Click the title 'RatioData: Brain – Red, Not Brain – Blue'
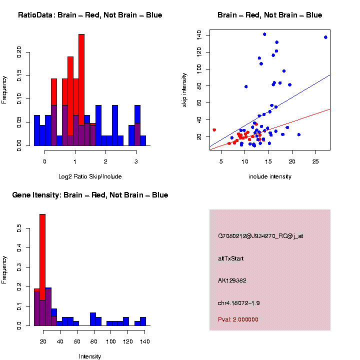90,15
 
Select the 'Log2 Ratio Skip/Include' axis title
90,176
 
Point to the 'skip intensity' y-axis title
184,89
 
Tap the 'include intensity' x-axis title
269,176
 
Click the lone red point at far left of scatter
214,130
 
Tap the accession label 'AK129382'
232,280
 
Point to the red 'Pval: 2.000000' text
238,319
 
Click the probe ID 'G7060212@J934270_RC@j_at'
260,236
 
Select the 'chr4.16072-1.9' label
239,303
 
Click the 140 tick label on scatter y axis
199,34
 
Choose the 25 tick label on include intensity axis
315,161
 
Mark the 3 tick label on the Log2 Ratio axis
136,161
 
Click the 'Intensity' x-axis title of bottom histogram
90,356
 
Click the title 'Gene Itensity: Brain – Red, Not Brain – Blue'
90,195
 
